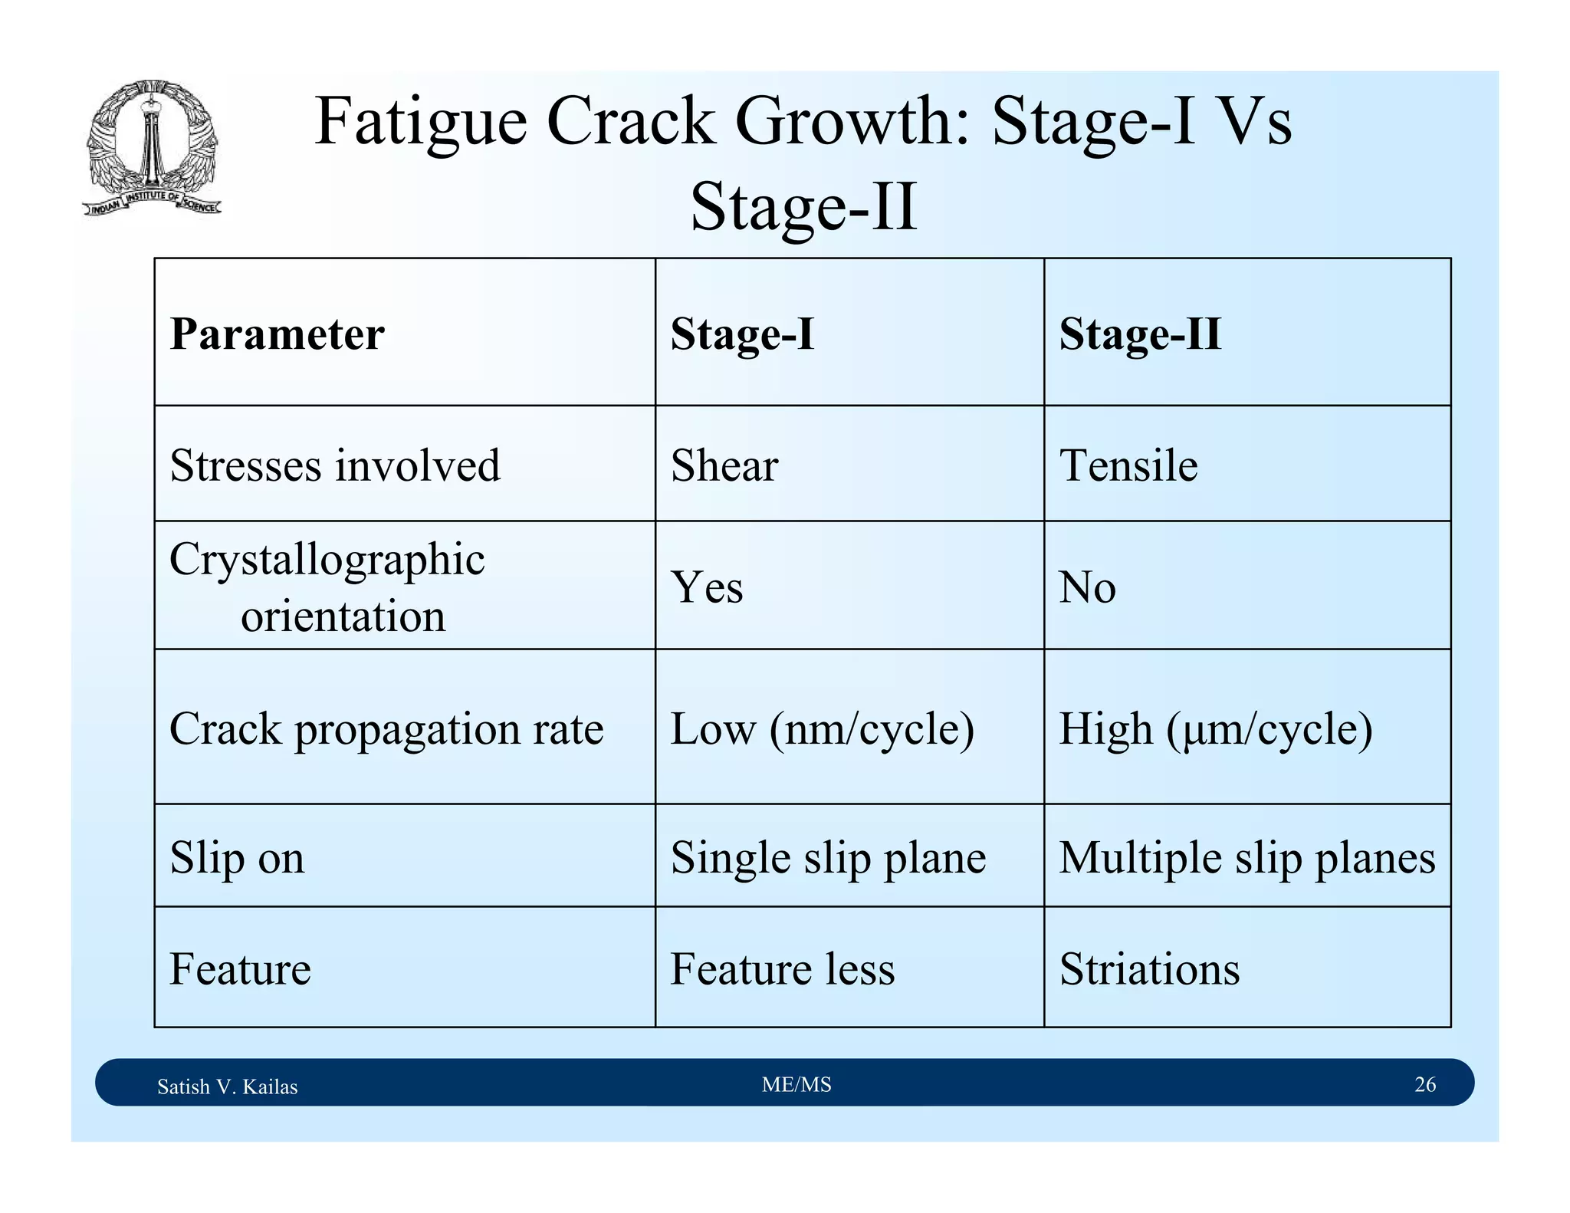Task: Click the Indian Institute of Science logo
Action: click(x=152, y=147)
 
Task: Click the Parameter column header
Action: click(x=277, y=334)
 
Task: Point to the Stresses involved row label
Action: click(x=335, y=465)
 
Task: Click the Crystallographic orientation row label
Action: click(x=327, y=587)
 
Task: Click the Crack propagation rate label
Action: click(x=386, y=728)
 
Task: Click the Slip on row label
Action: click(x=237, y=857)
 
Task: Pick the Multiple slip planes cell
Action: click(x=1246, y=857)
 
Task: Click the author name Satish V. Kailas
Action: click(x=227, y=1086)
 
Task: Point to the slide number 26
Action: click(x=1424, y=1084)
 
